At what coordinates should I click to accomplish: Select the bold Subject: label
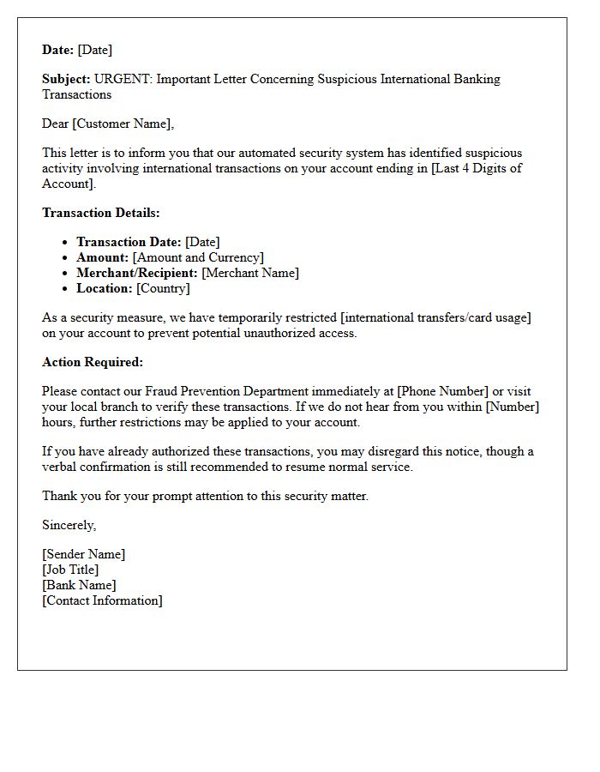[66, 79]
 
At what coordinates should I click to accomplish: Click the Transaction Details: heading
[101, 213]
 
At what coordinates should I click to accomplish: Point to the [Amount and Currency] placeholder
[198, 257]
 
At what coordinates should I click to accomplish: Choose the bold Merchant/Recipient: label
[137, 273]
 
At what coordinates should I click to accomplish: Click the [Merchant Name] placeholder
[250, 273]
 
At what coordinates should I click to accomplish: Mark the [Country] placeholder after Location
[163, 288]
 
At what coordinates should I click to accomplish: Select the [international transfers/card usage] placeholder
[436, 317]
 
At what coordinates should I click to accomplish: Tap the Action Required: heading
[93, 362]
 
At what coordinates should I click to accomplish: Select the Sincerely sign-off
[69, 525]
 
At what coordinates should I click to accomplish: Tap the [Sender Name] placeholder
[83, 554]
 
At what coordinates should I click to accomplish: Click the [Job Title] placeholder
[70, 570]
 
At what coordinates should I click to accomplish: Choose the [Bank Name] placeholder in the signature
[79, 585]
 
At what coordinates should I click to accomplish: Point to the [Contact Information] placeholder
[102, 600]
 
